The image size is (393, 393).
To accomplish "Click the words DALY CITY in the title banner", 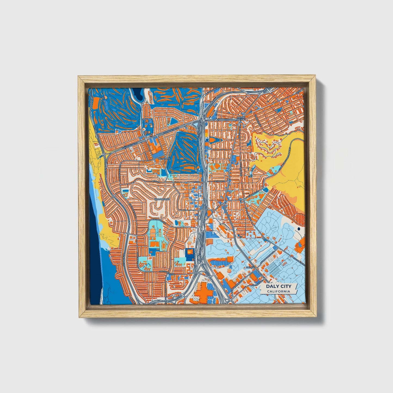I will tap(278, 286).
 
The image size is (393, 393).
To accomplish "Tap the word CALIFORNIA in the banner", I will tap(278, 292).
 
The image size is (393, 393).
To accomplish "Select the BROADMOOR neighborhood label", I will tap(162, 199).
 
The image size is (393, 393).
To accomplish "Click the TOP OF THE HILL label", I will tap(241, 119).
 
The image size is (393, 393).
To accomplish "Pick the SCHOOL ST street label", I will tap(220, 181).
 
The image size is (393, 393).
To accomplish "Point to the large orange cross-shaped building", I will tap(203, 295).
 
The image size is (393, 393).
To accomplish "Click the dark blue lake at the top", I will tap(138, 95).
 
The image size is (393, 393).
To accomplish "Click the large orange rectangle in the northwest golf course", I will tap(96, 103).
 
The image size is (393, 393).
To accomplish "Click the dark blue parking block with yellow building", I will tap(189, 253).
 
